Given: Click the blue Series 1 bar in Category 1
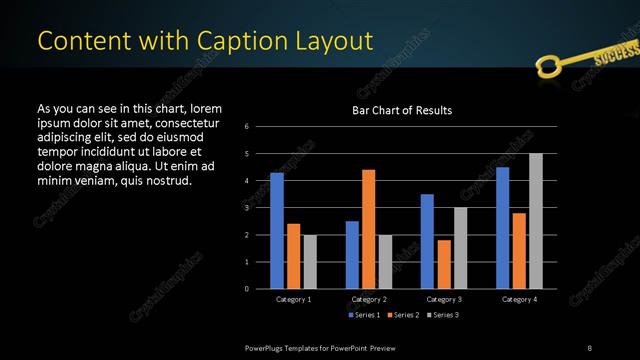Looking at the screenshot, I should point(277,231).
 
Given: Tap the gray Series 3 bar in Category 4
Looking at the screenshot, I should point(535,221).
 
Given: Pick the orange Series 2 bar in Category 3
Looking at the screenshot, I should point(443,264).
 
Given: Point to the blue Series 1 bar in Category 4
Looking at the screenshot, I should point(502,228).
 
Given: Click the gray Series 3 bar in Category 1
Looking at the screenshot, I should point(310,262).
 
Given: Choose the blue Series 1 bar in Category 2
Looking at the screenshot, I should point(352,255).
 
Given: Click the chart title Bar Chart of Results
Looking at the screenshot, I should point(402,110).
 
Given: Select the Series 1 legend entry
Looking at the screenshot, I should point(363,315).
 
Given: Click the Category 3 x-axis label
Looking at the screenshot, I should point(443,299).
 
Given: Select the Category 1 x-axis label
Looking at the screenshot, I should point(293,299).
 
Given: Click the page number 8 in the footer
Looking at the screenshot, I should point(589,347).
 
